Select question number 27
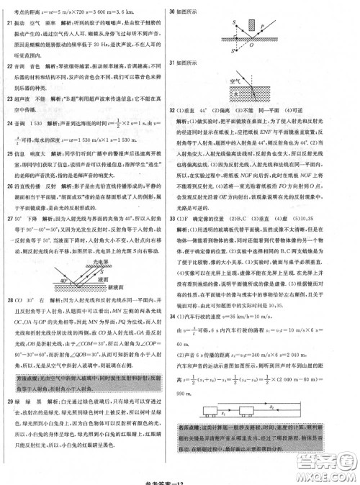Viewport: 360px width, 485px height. coord(9,216)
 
